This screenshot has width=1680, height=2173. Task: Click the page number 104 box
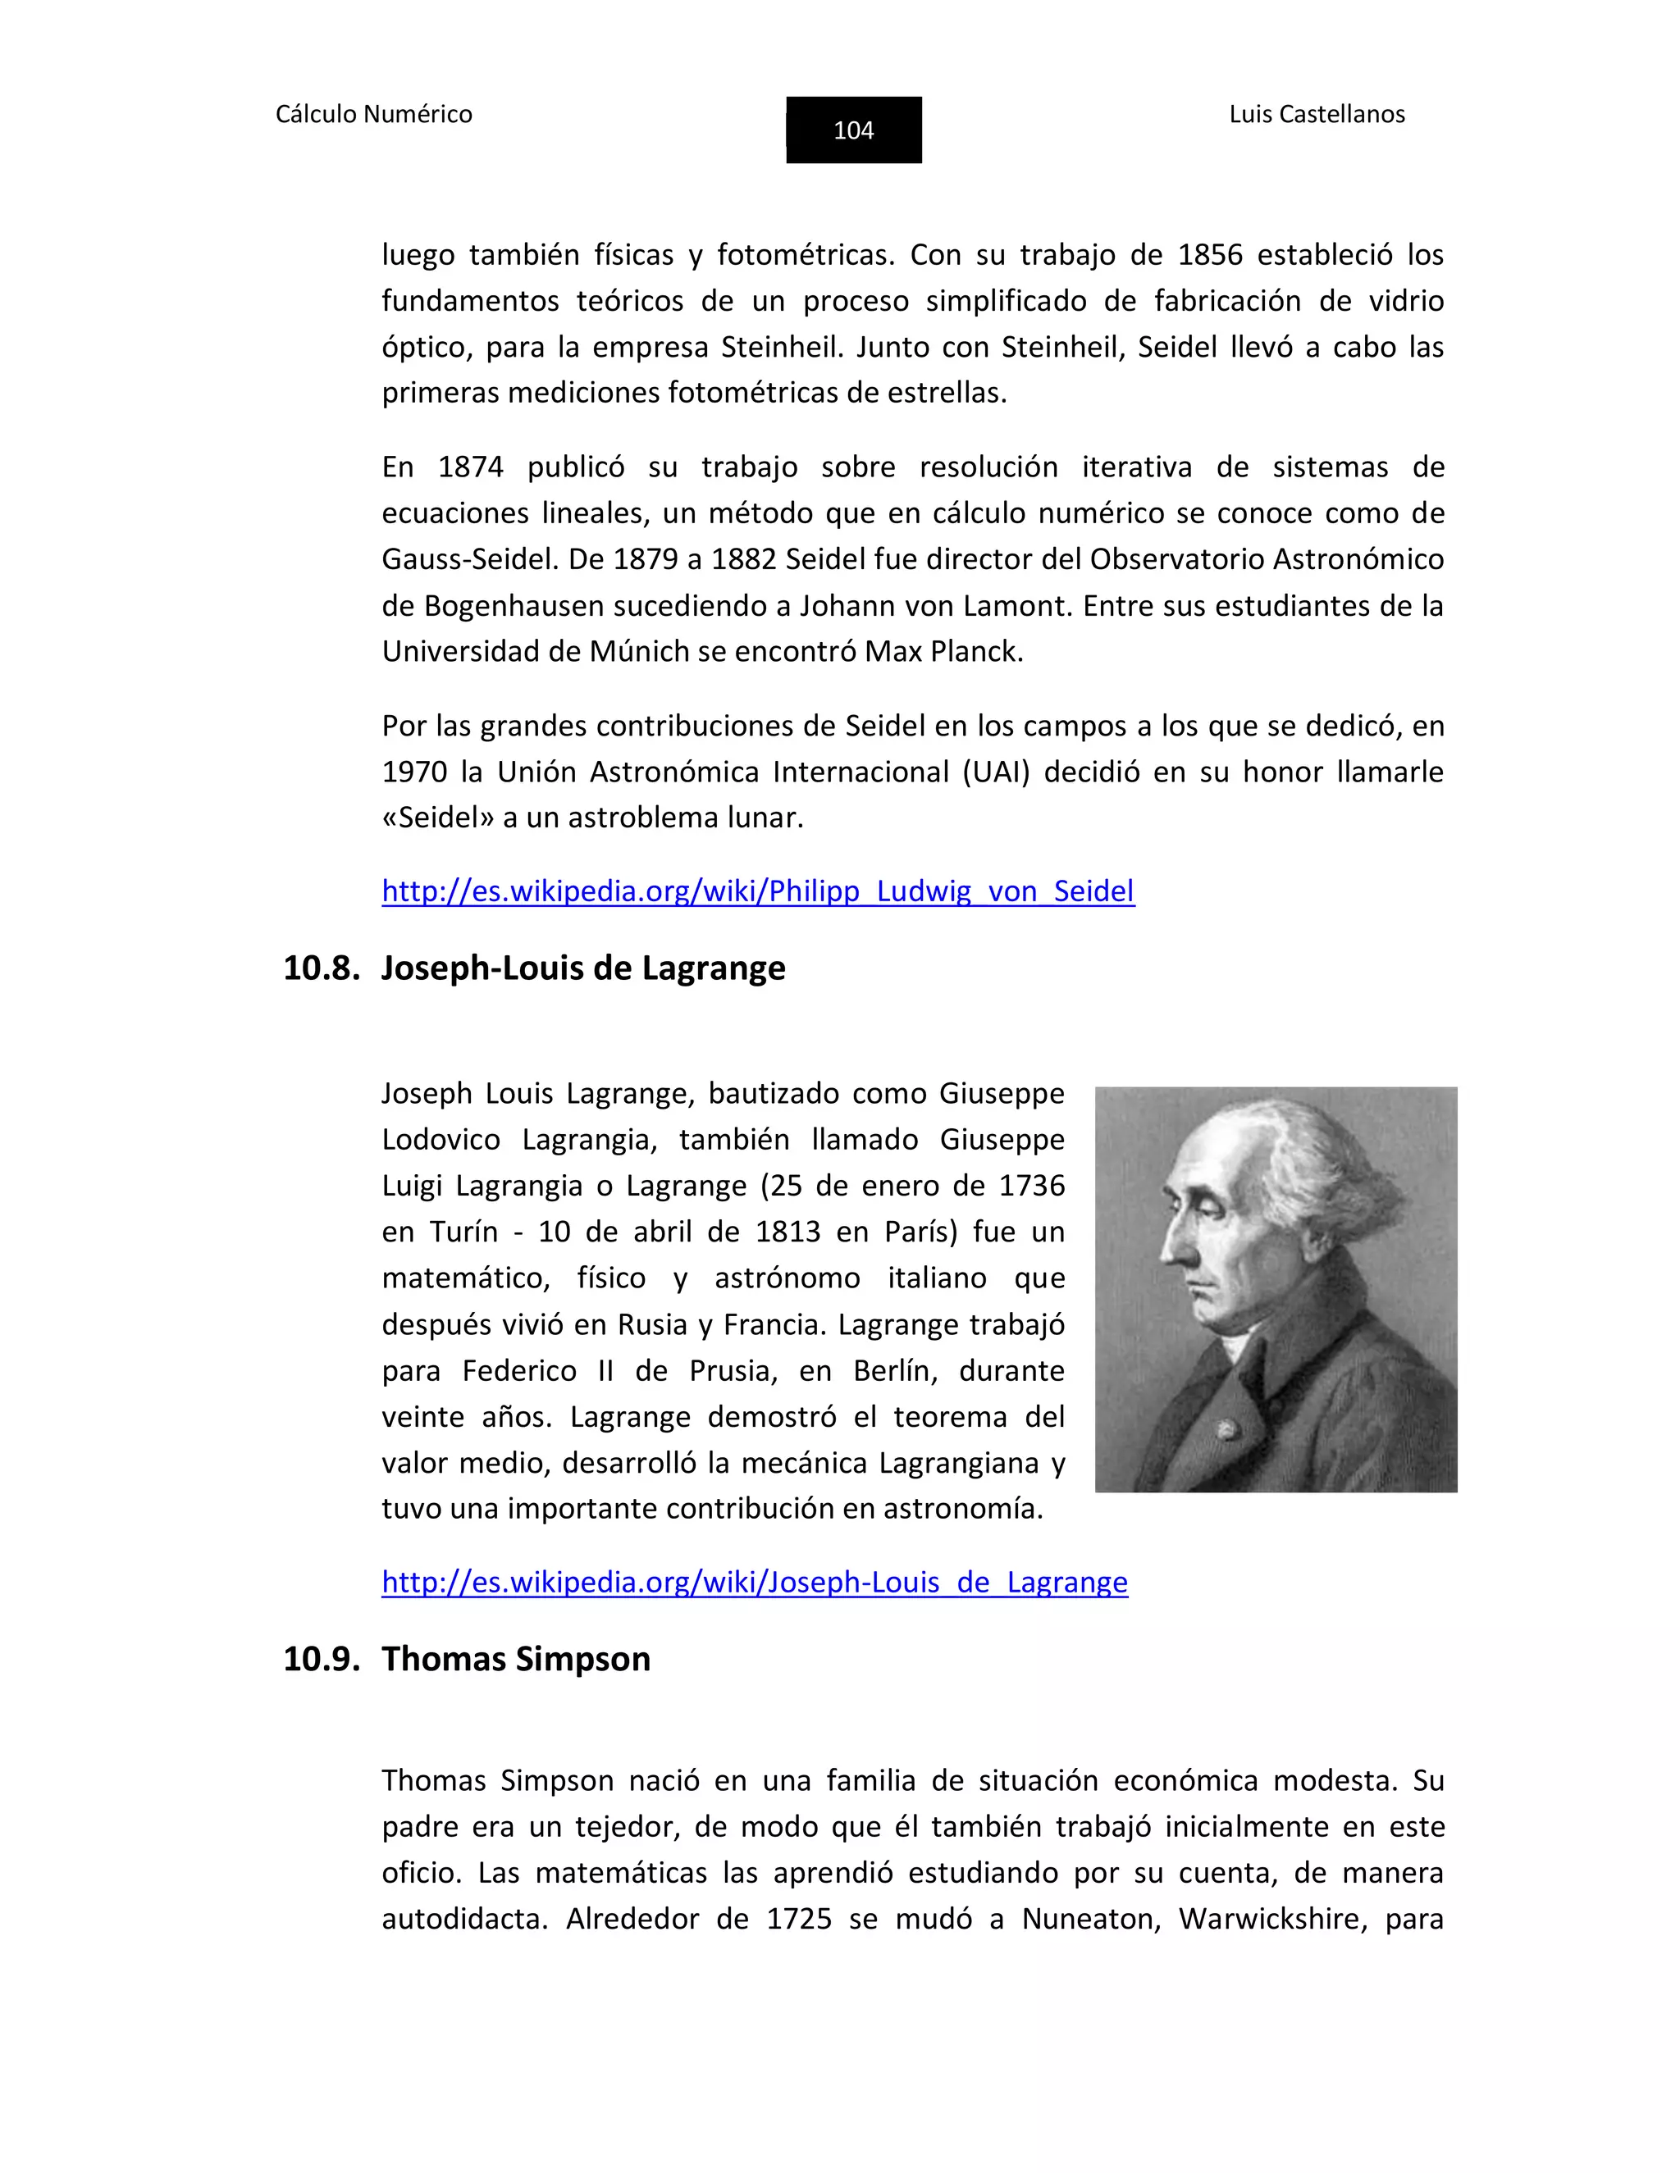coord(853,130)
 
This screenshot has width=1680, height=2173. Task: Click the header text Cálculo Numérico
coord(373,115)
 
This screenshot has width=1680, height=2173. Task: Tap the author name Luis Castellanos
coord(1316,115)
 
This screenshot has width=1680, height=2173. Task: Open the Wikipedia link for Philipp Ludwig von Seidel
coord(757,891)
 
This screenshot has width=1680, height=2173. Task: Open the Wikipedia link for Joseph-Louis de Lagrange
coord(755,1582)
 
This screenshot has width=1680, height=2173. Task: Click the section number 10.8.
coord(321,968)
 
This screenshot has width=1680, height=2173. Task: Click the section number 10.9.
coord(321,1660)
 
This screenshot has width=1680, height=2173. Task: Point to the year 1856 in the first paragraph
coord(1209,255)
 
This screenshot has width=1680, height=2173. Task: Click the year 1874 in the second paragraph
coord(470,467)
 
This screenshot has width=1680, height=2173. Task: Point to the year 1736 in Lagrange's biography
coord(1031,1186)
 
